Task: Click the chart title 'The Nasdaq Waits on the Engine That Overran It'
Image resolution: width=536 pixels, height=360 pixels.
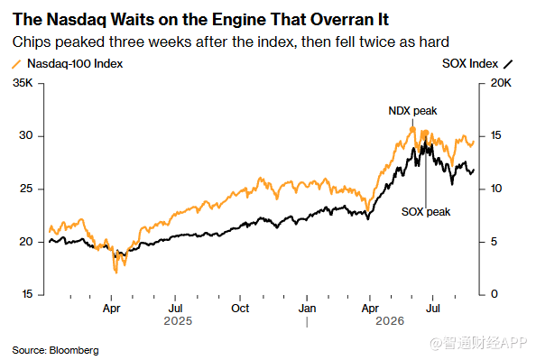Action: click(x=200, y=20)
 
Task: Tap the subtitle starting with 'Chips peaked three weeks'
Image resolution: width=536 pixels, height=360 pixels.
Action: click(x=231, y=42)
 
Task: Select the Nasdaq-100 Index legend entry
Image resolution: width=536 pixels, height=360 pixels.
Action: click(x=68, y=63)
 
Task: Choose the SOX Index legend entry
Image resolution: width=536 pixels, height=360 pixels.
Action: click(x=477, y=63)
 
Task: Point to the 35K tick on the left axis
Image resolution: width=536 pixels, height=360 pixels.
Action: click(x=23, y=83)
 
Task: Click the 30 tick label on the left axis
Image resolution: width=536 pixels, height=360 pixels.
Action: click(x=26, y=135)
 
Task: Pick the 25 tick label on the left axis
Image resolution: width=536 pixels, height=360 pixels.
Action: click(x=26, y=189)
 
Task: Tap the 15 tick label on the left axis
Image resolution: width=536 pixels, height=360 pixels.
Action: click(x=27, y=294)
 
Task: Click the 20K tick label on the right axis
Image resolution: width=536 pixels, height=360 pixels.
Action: click(x=501, y=83)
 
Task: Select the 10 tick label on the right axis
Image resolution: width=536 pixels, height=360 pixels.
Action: click(x=496, y=189)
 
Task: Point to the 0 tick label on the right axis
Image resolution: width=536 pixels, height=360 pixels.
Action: click(x=494, y=294)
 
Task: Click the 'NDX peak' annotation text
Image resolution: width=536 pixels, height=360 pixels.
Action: click(x=412, y=111)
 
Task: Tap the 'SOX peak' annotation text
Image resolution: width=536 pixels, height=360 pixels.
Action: click(x=426, y=212)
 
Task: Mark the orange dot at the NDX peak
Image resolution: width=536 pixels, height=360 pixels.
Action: click(x=412, y=130)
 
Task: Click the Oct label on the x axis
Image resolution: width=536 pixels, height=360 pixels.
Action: click(x=240, y=309)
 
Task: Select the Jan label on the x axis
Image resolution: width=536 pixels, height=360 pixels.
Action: click(x=307, y=309)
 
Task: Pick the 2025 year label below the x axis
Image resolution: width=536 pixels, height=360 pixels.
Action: click(x=178, y=321)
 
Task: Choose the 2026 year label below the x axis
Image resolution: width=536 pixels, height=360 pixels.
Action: click(x=390, y=321)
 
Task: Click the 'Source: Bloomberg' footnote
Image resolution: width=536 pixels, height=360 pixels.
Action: click(x=55, y=350)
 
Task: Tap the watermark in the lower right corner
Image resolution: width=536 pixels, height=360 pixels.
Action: click(x=478, y=343)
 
